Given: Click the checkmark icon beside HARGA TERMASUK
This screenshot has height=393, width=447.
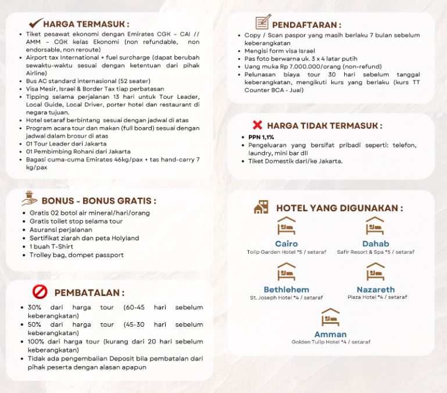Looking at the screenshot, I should pyautogui.click(x=35, y=23).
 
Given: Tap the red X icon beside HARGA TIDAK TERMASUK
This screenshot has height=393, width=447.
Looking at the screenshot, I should pyautogui.click(x=257, y=125).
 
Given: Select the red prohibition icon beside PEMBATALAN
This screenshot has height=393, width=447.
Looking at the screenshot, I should pyautogui.click(x=40, y=291).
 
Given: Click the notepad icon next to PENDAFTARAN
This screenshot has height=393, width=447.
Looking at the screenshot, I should pyautogui.click(x=263, y=23).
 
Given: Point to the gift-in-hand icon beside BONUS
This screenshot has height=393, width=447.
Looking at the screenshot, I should pyautogui.click(x=30, y=199).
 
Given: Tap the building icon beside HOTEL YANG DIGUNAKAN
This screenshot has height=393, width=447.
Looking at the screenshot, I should pyautogui.click(x=261, y=207).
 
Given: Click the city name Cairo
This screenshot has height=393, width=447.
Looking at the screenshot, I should pyautogui.click(x=286, y=244).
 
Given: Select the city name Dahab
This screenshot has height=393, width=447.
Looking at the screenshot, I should pyautogui.click(x=376, y=244).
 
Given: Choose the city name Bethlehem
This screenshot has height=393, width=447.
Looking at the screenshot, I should pyautogui.click(x=286, y=289).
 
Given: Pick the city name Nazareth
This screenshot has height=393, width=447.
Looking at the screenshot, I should pyautogui.click(x=376, y=289).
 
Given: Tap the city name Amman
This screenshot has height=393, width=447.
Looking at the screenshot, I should pyautogui.click(x=330, y=334).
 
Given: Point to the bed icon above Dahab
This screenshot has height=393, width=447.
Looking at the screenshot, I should pyautogui.click(x=375, y=226).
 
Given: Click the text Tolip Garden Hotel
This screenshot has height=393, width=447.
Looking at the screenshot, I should pyautogui.click(x=270, y=252).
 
